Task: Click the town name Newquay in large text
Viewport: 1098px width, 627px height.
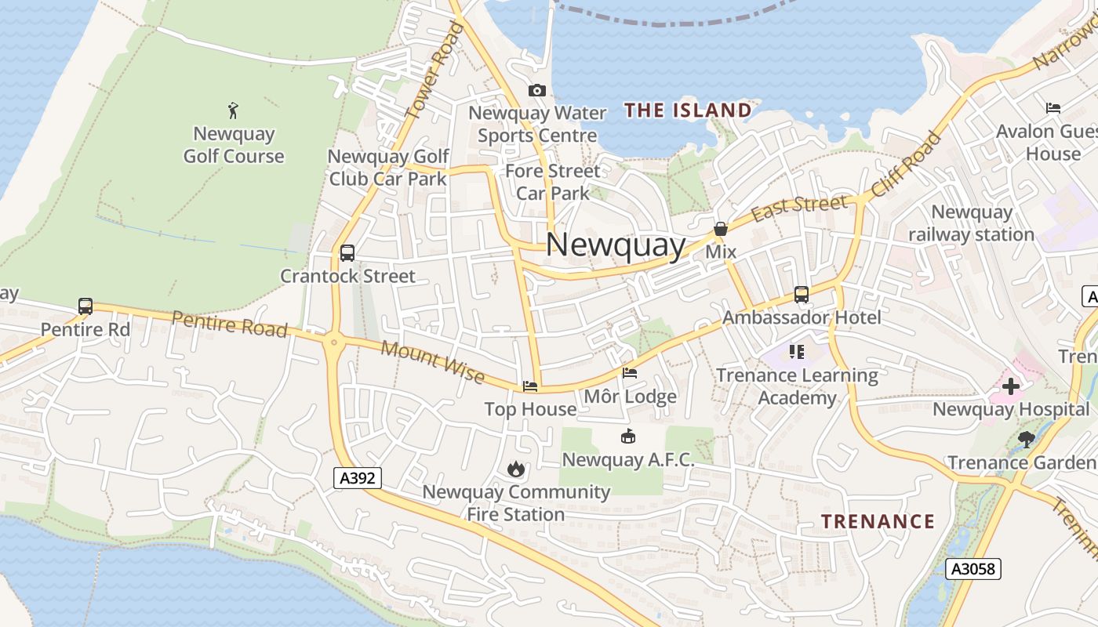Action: coord(616,245)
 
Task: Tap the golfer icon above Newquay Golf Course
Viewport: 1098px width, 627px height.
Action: coord(233,110)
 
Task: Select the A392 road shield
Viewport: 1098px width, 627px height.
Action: coord(357,478)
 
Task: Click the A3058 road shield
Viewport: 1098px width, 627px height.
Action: coord(973,569)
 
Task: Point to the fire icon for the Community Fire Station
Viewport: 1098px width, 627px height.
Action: coord(515,469)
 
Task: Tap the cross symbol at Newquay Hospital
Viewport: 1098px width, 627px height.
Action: coord(1011,386)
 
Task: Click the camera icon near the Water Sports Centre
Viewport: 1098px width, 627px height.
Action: coord(537,91)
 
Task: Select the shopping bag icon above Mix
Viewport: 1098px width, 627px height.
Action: coord(720,229)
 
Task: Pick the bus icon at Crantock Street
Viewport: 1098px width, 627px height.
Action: coord(347,253)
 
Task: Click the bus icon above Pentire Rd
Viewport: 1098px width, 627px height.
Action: coord(85,306)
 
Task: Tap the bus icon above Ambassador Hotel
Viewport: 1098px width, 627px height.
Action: coord(801,295)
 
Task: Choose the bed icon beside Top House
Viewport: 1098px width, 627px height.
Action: coord(530,386)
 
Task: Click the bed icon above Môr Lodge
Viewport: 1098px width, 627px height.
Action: coord(629,373)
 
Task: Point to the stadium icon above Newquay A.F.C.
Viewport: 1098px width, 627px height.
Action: coord(627,437)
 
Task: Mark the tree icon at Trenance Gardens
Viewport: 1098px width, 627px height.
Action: coord(1025,440)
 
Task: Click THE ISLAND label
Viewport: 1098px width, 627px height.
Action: coord(688,111)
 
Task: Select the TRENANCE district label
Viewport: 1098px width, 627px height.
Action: coord(878,521)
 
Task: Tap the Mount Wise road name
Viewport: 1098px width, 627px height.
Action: coord(433,362)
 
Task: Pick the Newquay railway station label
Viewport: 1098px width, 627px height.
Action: coord(972,223)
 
